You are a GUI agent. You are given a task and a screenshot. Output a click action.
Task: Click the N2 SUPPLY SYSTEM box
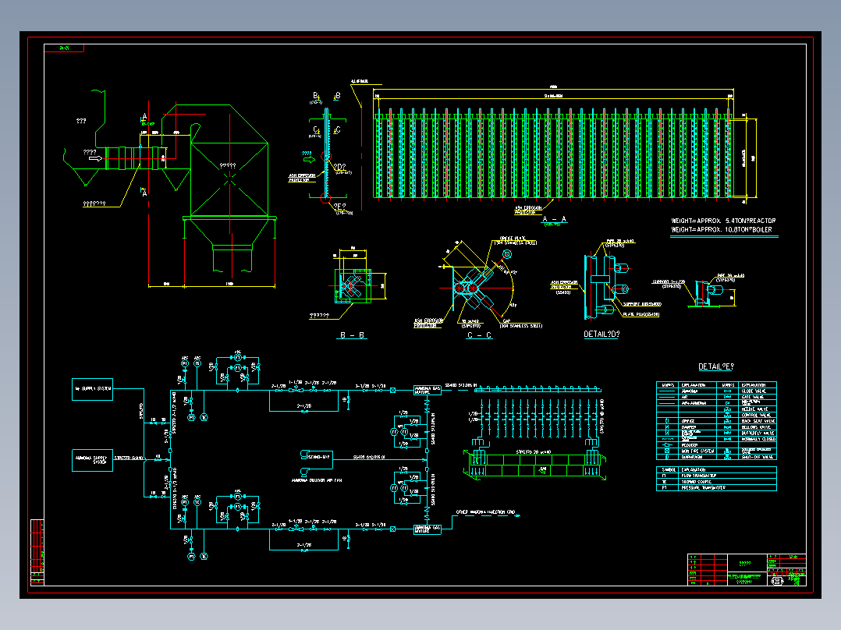[93, 388]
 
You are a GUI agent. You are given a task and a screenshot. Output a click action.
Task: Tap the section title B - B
[352, 335]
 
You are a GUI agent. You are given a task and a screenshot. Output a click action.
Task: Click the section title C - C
[478, 335]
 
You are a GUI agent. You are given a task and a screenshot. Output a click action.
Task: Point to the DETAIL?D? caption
[601, 334]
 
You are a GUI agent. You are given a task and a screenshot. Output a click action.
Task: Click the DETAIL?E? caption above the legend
[716, 366]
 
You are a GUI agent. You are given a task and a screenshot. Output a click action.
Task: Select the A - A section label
[554, 219]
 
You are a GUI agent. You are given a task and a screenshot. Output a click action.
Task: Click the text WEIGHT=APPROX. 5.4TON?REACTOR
[723, 221]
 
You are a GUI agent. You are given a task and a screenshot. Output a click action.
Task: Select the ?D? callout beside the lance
[339, 167]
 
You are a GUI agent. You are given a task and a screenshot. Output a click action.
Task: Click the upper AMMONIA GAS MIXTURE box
[427, 389]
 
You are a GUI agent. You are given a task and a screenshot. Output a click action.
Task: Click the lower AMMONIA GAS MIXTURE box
[427, 529]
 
